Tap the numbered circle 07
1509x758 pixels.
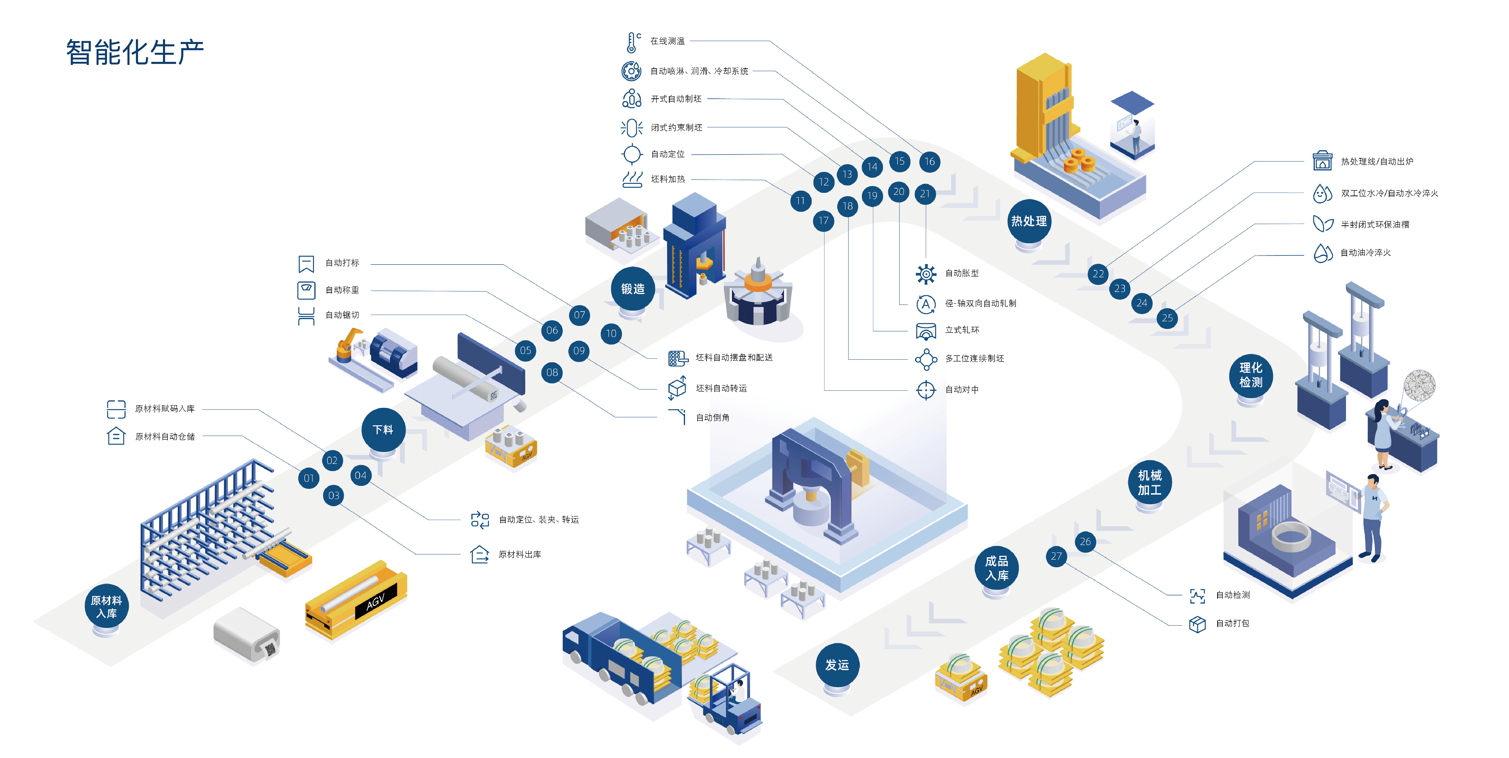(579, 315)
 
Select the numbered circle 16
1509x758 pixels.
(930, 162)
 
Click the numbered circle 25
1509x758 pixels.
(1167, 318)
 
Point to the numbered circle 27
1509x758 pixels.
(1056, 556)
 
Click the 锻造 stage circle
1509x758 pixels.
(633, 288)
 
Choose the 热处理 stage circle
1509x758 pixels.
(1029, 221)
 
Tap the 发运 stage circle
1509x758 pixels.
(837, 665)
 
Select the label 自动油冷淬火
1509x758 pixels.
(1366, 253)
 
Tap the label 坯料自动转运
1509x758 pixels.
(721, 388)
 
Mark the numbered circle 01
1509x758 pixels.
(309, 478)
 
